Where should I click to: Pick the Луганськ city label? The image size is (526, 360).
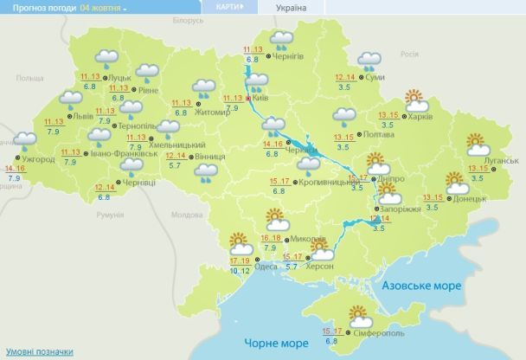pos(499,160)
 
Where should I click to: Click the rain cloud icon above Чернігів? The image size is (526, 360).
pos(280,39)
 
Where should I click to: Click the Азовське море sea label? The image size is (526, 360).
pos(417,285)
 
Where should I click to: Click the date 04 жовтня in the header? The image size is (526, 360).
pos(101,7)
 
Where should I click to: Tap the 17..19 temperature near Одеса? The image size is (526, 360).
pos(241,260)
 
